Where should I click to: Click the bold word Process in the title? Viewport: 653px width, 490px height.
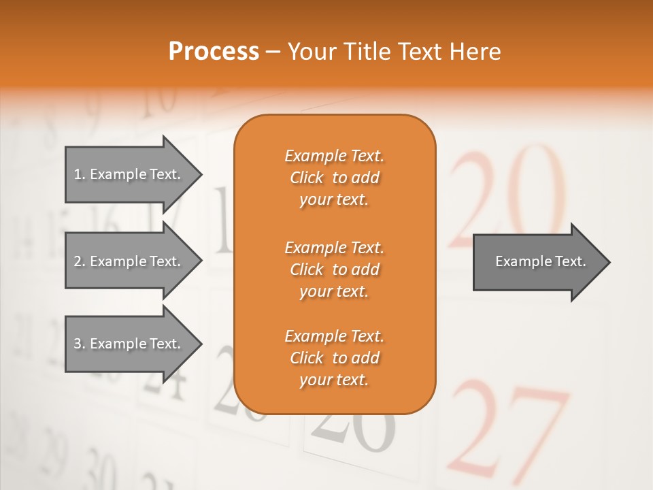(214, 52)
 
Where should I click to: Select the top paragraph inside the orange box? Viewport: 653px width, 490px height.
(334, 178)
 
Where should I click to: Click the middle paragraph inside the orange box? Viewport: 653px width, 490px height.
(334, 269)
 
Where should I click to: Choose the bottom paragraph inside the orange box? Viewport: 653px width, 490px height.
(334, 358)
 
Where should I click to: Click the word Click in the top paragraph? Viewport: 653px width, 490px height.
(306, 178)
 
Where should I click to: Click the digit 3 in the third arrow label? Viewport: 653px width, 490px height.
(78, 344)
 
